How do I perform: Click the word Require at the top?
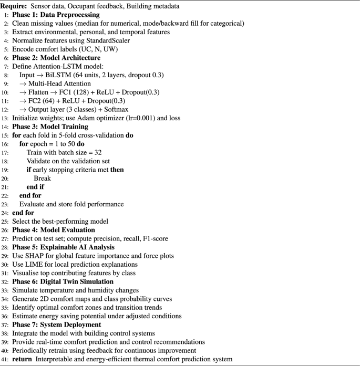15,6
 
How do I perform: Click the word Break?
43,179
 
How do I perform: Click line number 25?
5,221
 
